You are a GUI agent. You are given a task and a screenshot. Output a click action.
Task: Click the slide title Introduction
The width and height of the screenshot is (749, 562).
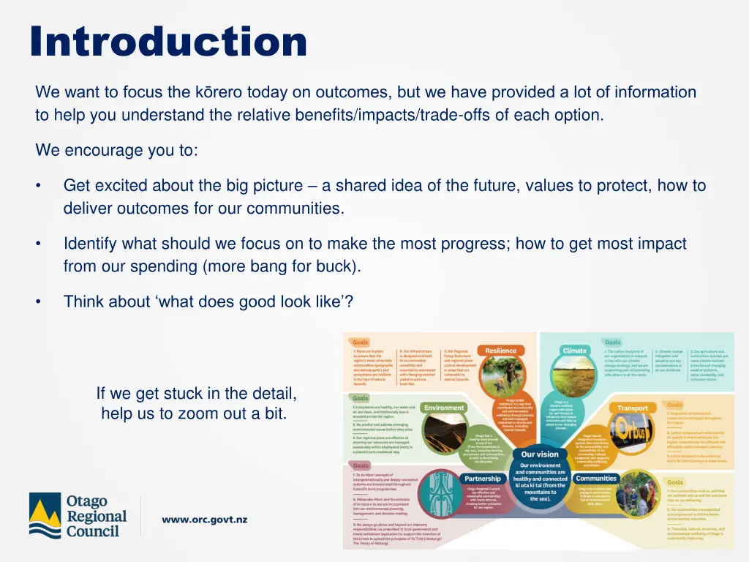(x=169, y=42)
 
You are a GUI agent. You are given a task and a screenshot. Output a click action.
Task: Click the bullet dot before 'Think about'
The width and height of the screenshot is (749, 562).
(x=38, y=301)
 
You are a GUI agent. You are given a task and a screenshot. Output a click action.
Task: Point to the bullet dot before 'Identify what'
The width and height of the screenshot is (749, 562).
(x=38, y=244)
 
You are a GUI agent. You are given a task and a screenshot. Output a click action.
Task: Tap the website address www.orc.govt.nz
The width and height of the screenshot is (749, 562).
(x=204, y=520)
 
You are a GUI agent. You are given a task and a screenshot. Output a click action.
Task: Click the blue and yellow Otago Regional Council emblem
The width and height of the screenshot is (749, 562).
(x=45, y=515)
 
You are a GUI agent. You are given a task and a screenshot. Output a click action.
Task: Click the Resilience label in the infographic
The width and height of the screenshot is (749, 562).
(x=501, y=351)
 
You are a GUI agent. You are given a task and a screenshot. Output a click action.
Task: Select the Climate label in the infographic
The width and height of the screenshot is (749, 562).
(x=574, y=351)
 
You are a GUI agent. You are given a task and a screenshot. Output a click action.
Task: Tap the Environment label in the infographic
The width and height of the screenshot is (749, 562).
(x=444, y=408)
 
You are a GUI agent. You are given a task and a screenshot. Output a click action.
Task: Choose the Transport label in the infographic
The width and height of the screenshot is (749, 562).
(x=633, y=408)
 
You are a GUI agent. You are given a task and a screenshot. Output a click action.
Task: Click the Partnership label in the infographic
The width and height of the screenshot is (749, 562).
(x=483, y=479)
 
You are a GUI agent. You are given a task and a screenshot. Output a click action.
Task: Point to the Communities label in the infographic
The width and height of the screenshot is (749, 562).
(x=596, y=479)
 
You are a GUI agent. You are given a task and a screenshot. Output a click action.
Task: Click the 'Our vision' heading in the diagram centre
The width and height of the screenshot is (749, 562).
(x=540, y=454)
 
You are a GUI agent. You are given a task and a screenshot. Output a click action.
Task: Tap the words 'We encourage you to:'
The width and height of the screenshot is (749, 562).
(x=116, y=151)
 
